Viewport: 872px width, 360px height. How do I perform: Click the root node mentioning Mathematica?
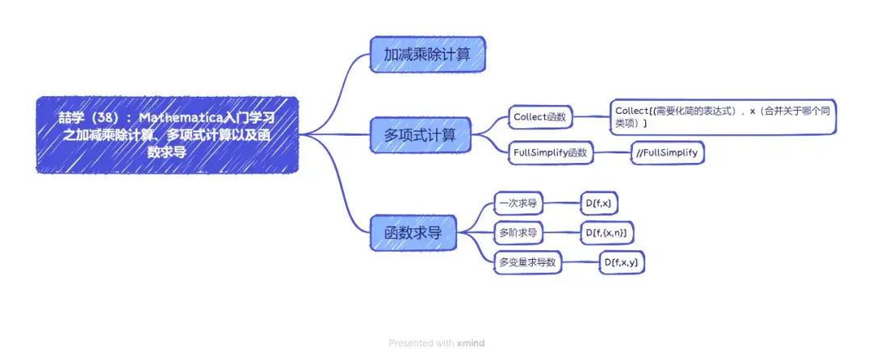pos(167,135)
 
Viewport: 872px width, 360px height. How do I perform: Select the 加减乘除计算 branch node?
pos(428,54)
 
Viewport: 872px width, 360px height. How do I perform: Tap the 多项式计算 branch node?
pos(420,135)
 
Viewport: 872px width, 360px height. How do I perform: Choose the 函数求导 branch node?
pos(413,232)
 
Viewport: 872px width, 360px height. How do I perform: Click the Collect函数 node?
pos(540,117)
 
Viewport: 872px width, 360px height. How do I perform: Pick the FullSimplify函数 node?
pos(551,153)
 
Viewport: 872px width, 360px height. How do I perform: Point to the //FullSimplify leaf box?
pos(668,153)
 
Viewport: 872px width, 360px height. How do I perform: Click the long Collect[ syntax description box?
pos(723,117)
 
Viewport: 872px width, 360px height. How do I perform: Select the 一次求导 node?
pos(518,203)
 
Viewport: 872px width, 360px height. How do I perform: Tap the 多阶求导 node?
pos(518,233)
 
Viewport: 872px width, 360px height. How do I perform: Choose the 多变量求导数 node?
pos(528,262)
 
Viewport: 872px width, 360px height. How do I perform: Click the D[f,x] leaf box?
pos(598,203)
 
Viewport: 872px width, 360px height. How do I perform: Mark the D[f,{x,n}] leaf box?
pos(606,233)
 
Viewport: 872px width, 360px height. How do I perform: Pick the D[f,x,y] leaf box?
pos(622,262)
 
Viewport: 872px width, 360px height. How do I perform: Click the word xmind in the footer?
pos(471,343)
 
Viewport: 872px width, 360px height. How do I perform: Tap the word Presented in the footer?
pos(409,343)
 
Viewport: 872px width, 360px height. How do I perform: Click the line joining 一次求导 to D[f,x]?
pos(561,203)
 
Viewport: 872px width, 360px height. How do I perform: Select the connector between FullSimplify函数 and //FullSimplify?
pos(612,153)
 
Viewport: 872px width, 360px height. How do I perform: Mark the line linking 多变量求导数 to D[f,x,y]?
pos(581,262)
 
